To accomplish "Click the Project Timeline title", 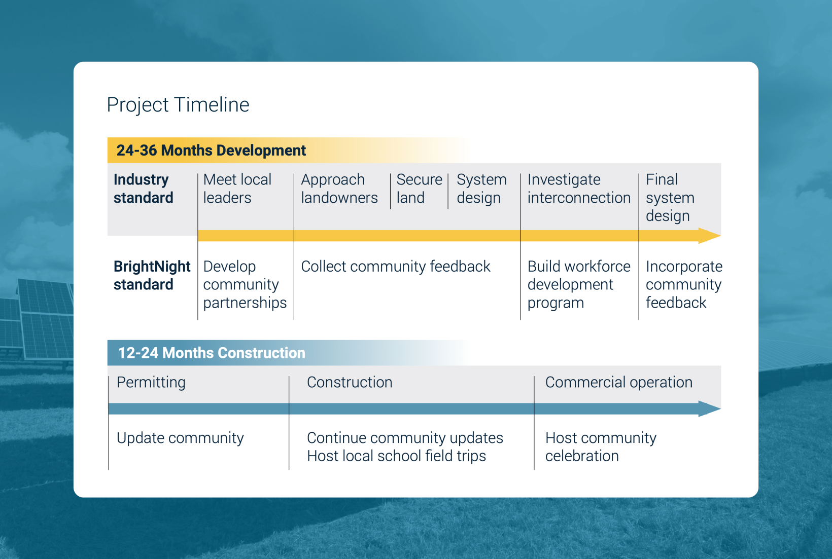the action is [178, 105].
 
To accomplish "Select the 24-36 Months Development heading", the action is [211, 151].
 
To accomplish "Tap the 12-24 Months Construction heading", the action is [212, 353].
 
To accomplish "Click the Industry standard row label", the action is [144, 189].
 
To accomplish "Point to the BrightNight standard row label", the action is [152, 275].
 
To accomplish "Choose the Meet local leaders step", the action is [237, 189].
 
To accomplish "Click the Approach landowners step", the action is [339, 189].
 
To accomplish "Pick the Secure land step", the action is [420, 189].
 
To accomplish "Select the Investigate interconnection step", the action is [579, 189].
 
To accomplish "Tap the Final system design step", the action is [670, 197].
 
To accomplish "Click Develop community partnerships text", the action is [245, 284].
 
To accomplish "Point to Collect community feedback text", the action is [396, 267].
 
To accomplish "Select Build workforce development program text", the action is [579, 284].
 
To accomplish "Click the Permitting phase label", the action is [151, 383].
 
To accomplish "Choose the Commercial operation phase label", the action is [619, 382].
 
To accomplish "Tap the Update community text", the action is [180, 438].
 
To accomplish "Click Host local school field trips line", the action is [396, 456].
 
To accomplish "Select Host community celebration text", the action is [601, 447].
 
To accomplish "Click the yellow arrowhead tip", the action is [720, 235].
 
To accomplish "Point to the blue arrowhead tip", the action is [720, 408].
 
